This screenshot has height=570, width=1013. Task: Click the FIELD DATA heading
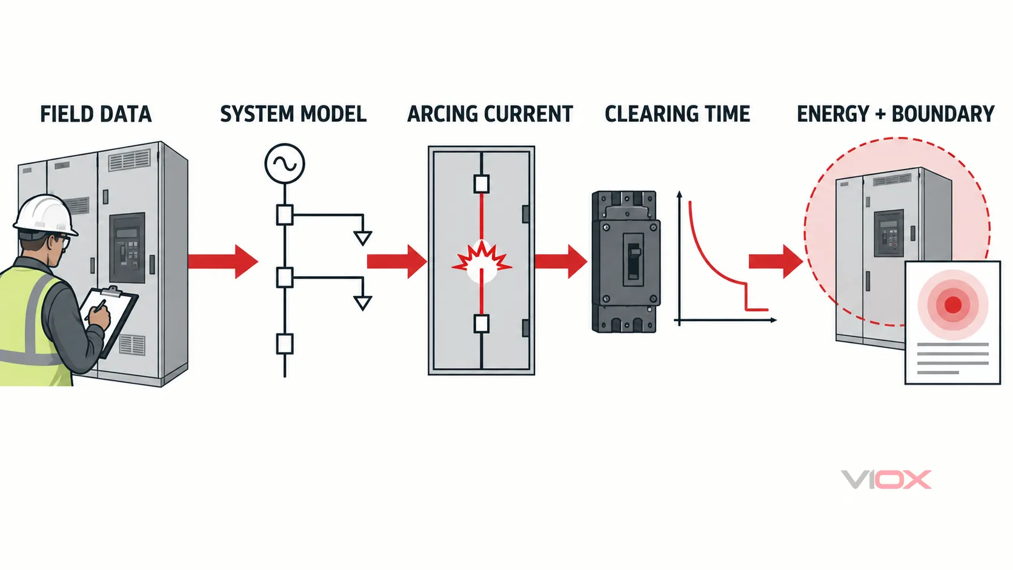coord(96,114)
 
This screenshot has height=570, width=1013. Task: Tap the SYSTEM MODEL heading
coord(293,114)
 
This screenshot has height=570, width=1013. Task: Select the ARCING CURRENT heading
coord(490,114)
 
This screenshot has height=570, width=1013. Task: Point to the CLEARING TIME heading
coord(677,114)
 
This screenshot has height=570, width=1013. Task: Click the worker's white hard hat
coord(45,216)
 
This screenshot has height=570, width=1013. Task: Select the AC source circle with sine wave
coord(285,164)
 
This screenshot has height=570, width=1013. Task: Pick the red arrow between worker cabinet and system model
coord(223,261)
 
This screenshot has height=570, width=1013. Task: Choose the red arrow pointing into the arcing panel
coord(397,261)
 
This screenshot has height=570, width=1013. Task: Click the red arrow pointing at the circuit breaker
coord(561,261)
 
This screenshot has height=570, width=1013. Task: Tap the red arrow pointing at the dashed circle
coord(776,261)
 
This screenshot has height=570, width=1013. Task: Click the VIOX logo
coord(886,480)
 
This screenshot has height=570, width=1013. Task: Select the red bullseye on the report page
coord(953,305)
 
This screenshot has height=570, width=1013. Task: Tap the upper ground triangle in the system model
coord(363,238)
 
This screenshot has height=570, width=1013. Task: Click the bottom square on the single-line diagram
coord(285,344)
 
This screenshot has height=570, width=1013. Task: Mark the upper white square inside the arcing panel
coord(482,184)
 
